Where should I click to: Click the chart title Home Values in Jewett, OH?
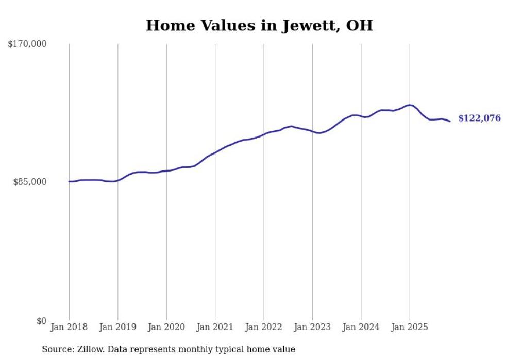tap(259, 25)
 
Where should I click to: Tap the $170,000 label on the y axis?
tap(27, 44)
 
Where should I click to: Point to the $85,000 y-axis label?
tap(29, 182)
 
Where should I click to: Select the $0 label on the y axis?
tap(41, 321)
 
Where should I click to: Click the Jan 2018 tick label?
tap(69, 327)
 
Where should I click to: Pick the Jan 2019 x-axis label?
tap(117, 327)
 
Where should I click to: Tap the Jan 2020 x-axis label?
tap(166, 327)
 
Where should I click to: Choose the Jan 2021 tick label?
tap(215, 327)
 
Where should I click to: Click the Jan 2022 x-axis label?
tap(263, 327)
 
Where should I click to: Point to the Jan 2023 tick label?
tap(312, 327)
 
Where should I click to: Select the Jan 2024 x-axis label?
tap(361, 327)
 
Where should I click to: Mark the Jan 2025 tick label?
tap(409, 327)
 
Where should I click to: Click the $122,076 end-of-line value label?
tap(479, 118)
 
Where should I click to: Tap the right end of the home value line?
tap(450, 122)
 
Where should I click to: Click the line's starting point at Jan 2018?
tap(69, 181)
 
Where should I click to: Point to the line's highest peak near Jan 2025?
tap(409, 105)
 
